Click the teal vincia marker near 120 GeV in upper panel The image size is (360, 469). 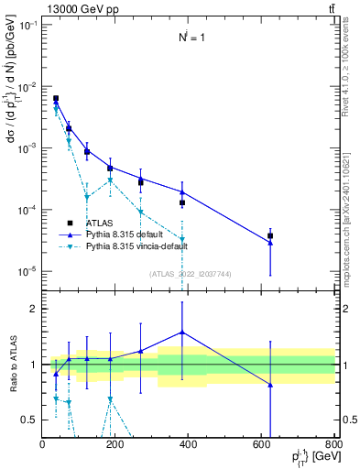(x=87, y=197)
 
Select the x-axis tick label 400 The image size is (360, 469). (x=189, y=445)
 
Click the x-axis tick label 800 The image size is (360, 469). (x=333, y=445)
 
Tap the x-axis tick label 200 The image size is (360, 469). (x=115, y=445)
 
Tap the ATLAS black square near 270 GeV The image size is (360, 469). (x=140, y=182)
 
